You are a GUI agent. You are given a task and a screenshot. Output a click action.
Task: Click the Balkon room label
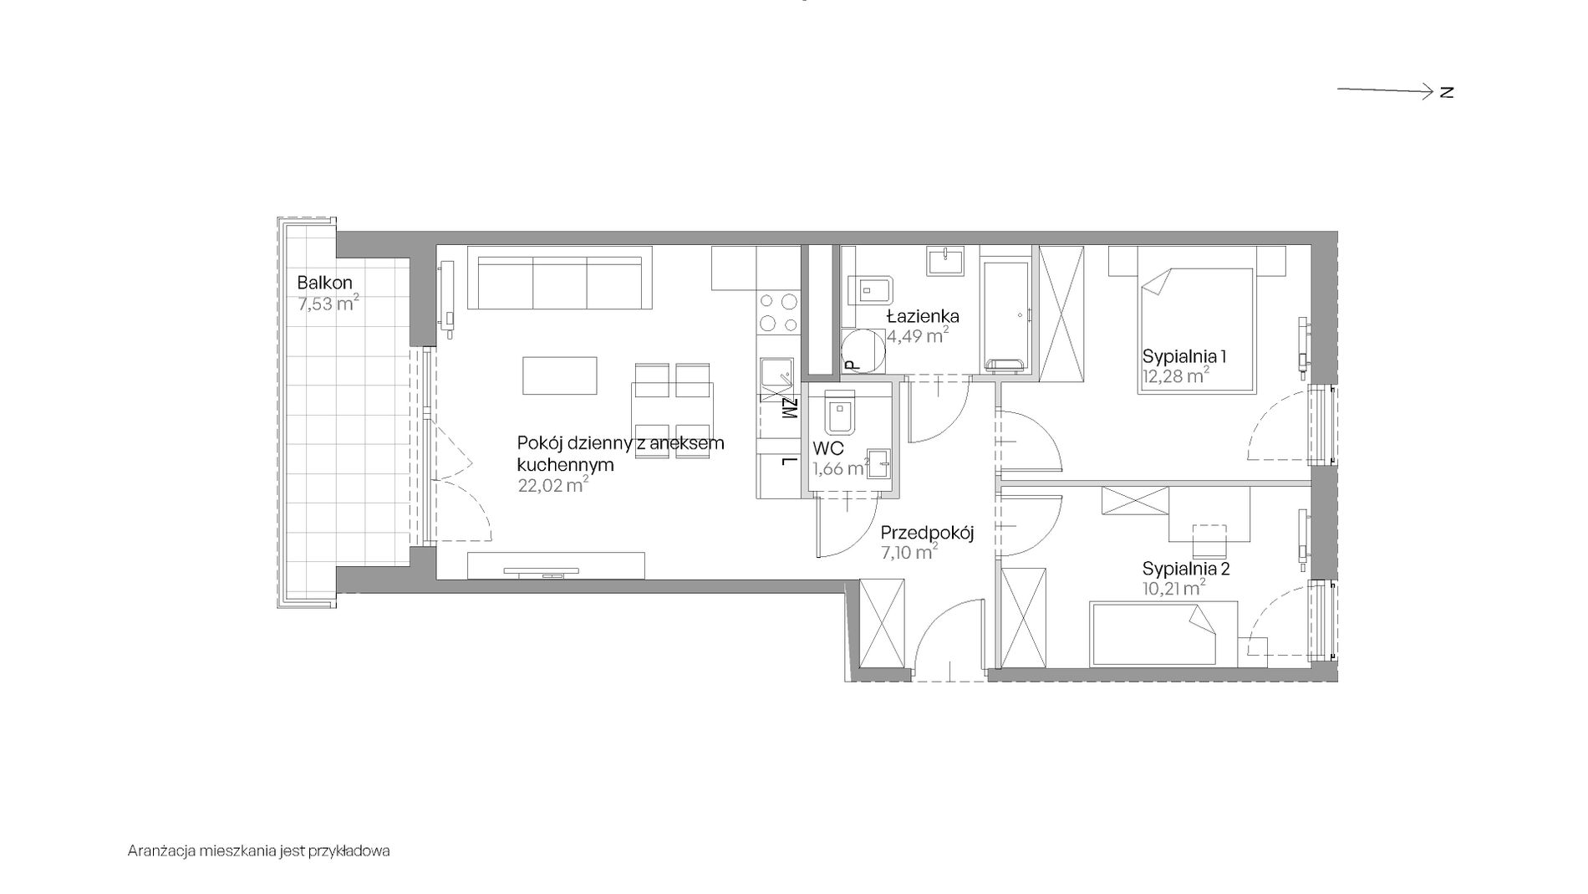[324, 283]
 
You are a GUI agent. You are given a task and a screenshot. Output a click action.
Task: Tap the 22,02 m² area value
[553, 485]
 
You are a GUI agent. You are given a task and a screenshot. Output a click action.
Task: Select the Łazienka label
[923, 316]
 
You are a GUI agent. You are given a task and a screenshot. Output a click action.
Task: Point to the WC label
[828, 449]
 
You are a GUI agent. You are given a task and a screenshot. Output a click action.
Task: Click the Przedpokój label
[928, 532]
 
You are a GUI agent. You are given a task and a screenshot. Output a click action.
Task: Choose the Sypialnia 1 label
[1184, 356]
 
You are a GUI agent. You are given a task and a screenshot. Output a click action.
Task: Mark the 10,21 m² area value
[1174, 589]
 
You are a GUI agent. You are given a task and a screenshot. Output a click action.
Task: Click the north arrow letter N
[1447, 92]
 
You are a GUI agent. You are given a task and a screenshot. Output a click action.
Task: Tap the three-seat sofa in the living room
[559, 278]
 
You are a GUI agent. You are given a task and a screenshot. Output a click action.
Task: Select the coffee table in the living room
[560, 375]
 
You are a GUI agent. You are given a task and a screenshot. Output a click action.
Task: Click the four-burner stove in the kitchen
[778, 313]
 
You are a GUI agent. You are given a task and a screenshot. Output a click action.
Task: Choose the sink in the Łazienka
[944, 260]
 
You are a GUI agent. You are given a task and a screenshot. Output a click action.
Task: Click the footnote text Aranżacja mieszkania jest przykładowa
[259, 851]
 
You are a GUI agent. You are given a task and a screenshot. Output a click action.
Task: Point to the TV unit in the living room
[556, 565]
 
